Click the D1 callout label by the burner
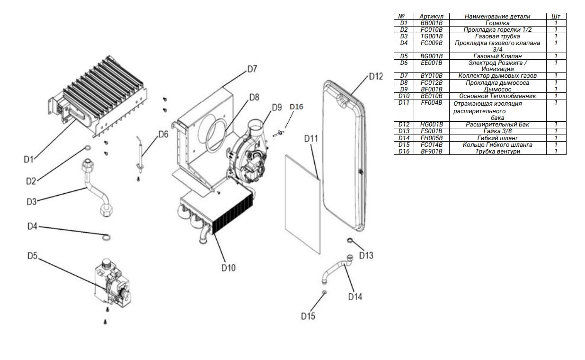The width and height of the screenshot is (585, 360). pyautogui.click(x=29, y=160)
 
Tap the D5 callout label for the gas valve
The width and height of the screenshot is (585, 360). pyautogui.click(x=32, y=256)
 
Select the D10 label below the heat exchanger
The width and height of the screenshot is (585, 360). pyautogui.click(x=228, y=267)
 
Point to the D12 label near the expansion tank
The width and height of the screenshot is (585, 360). pyautogui.click(x=376, y=76)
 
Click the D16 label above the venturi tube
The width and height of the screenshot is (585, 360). pyautogui.click(x=296, y=106)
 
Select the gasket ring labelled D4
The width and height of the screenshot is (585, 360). pyautogui.click(x=107, y=236)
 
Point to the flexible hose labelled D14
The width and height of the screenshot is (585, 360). pyautogui.click(x=337, y=268)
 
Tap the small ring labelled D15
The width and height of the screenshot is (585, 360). pyautogui.click(x=324, y=293)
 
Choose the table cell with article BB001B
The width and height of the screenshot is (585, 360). pyautogui.click(x=431, y=23)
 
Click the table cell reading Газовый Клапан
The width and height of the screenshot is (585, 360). pyautogui.click(x=497, y=56)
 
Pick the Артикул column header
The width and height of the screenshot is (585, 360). pyautogui.click(x=431, y=16)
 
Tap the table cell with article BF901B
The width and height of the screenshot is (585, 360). pyautogui.click(x=431, y=151)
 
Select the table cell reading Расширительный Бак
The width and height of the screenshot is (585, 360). pyautogui.click(x=497, y=125)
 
